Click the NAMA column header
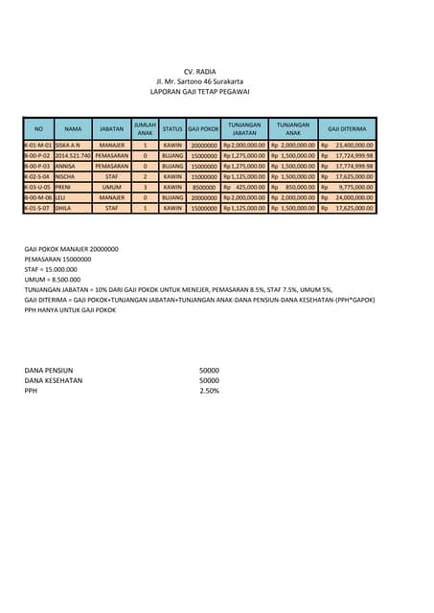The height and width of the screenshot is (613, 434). click(73, 128)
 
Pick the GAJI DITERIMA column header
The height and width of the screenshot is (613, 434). click(347, 128)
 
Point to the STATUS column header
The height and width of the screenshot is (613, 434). click(172, 128)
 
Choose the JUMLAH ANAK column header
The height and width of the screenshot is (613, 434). click(145, 128)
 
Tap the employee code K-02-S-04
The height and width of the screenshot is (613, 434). click(38, 176)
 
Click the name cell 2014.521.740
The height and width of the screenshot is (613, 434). click(73, 155)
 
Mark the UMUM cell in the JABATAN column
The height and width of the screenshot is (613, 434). click(112, 187)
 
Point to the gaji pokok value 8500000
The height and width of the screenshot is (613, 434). click(204, 187)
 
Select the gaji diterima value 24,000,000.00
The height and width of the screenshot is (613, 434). click(353, 197)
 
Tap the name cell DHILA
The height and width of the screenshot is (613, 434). click(64, 208)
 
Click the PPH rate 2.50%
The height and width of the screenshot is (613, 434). click(209, 391)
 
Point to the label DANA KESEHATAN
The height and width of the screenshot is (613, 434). click(54, 380)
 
